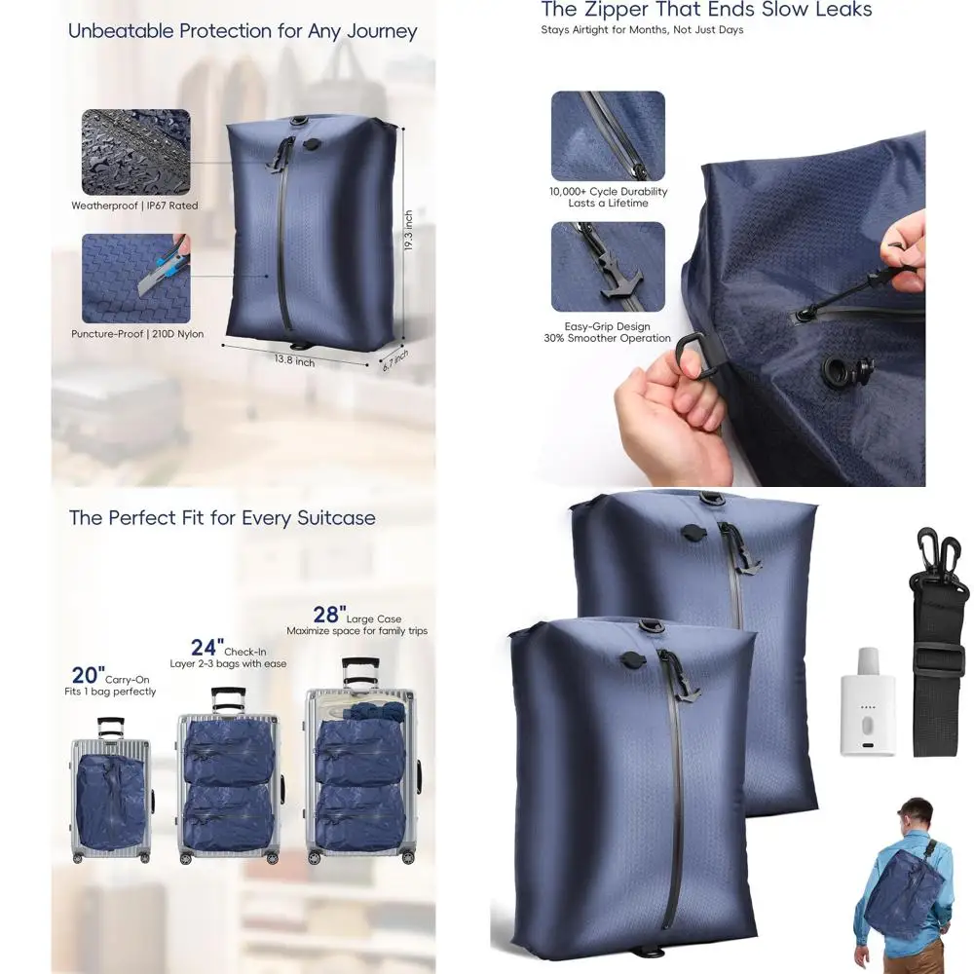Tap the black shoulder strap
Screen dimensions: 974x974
pyautogui.click(x=938, y=643)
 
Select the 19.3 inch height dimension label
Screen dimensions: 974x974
pyautogui.click(x=409, y=232)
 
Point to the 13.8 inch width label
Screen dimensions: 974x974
pyautogui.click(x=293, y=361)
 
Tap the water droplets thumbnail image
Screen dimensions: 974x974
pyautogui.click(x=135, y=152)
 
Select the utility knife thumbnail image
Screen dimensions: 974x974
pyautogui.click(x=135, y=278)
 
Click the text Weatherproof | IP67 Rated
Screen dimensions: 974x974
pyautogui.click(x=134, y=206)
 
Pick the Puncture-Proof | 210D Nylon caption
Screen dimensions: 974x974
pyautogui.click(x=137, y=334)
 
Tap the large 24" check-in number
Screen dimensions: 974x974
pyautogui.click(x=206, y=647)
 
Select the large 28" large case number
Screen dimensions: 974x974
pyautogui.click(x=328, y=615)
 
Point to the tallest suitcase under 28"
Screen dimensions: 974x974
pyautogui.click(x=360, y=765)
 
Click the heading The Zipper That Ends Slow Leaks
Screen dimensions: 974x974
pyautogui.click(x=706, y=11)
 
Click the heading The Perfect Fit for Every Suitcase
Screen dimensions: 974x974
pyautogui.click(x=222, y=517)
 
